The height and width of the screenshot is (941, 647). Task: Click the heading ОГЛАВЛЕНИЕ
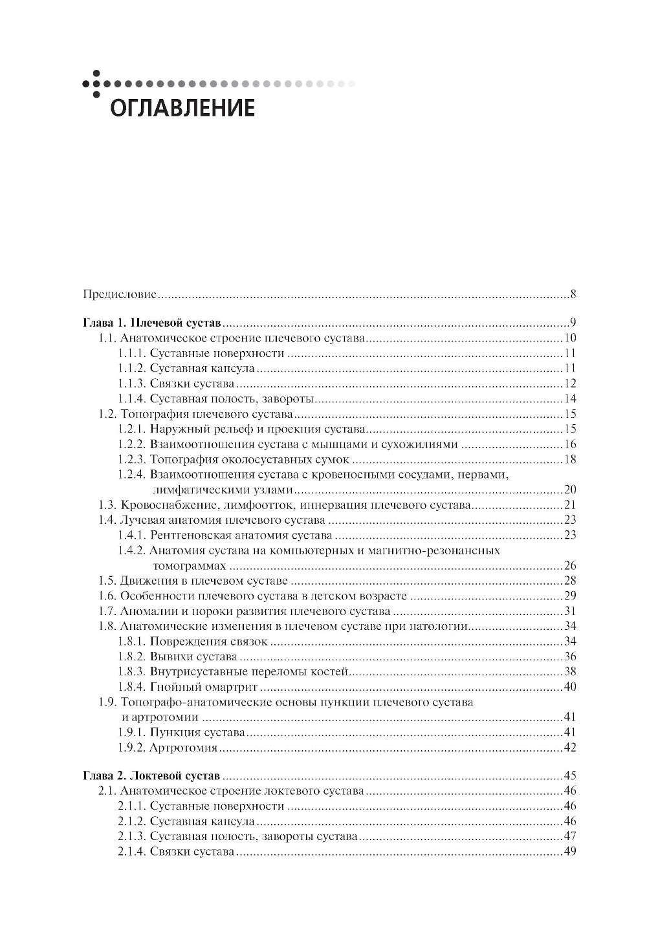point(182,107)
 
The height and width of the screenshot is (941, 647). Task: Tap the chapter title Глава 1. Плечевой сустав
point(153,323)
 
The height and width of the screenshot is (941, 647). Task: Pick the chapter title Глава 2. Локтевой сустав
point(152,775)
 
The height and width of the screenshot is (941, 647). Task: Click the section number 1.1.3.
point(131,384)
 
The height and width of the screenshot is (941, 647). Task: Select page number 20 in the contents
point(570,489)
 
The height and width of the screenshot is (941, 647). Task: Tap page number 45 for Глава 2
point(570,775)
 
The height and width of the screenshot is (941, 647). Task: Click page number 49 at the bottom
point(570,852)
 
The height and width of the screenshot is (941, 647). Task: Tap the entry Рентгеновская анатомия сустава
point(241,535)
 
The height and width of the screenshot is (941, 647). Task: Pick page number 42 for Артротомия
point(570,748)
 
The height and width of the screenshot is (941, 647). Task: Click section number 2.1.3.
point(131,836)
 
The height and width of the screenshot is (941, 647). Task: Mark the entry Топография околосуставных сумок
point(249,459)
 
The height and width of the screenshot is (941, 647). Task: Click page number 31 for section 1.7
point(570,611)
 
